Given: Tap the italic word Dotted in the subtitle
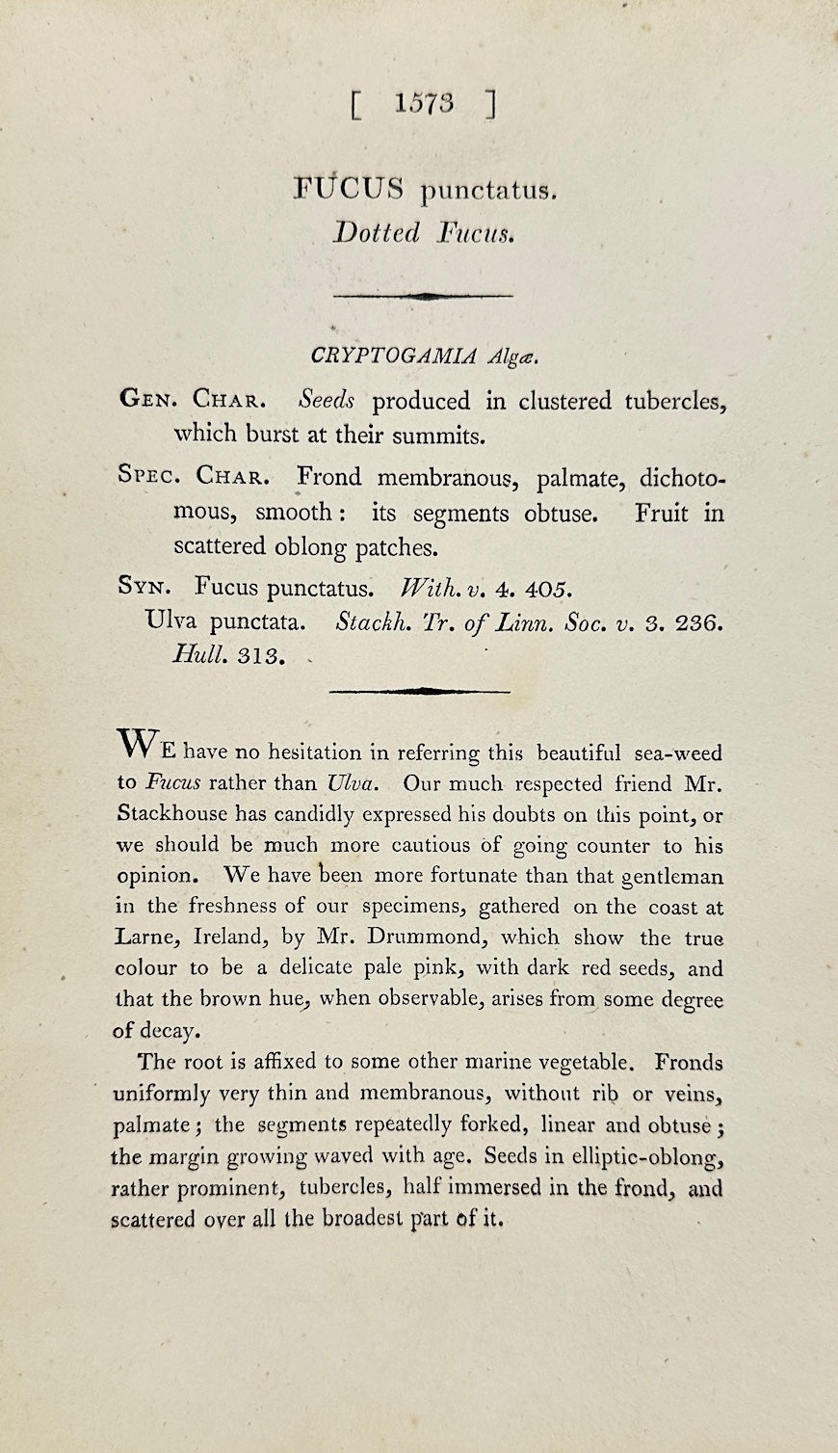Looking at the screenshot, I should [x=377, y=233].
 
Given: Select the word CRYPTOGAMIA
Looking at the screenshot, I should [x=393, y=356].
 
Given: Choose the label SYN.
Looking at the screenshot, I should [x=145, y=586].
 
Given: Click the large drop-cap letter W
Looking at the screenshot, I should [x=136, y=743].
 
